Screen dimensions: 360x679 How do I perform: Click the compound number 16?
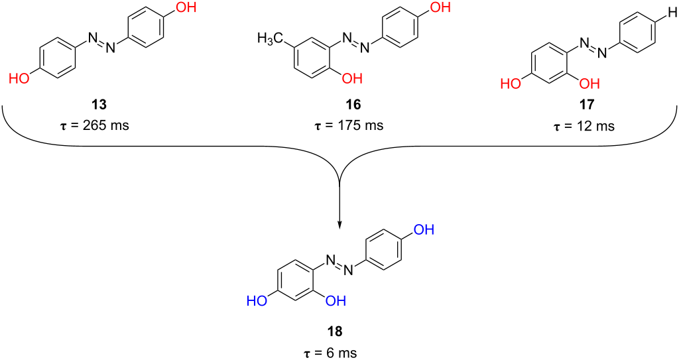tap(339, 105)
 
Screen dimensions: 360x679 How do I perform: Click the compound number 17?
tap(587, 105)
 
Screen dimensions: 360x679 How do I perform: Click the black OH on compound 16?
tap(351, 78)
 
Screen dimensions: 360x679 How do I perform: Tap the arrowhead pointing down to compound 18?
tap(339, 225)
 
